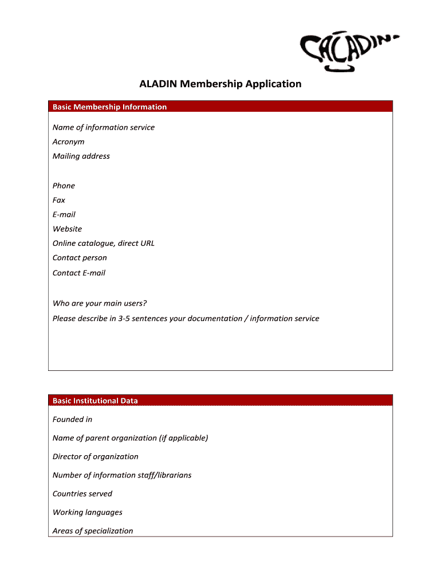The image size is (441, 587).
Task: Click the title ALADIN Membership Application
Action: pyautogui.click(x=220, y=84)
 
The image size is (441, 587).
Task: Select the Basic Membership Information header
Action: pyautogui.click(x=110, y=107)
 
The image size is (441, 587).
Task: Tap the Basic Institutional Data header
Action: pyautogui.click(x=95, y=401)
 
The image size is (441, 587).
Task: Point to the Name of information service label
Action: pyautogui.click(x=104, y=127)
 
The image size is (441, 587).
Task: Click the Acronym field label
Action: pyautogui.click(x=69, y=142)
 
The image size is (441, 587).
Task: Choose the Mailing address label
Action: pyautogui.click(x=81, y=156)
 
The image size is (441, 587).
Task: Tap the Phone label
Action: pyautogui.click(x=64, y=186)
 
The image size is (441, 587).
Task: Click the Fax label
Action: pyautogui.click(x=59, y=200)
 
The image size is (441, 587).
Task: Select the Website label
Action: pyautogui.click(x=68, y=229)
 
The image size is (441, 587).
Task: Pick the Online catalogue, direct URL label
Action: pyautogui.click(x=104, y=243)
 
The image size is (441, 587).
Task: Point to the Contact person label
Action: pyautogui.click(x=80, y=258)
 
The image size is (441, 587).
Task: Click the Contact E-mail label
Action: pyautogui.click(x=79, y=273)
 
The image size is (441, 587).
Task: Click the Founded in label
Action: pyautogui.click(x=72, y=420)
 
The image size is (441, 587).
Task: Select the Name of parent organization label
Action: pyautogui.click(x=130, y=438)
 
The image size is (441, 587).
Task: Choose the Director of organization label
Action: pyautogui.click(x=96, y=457)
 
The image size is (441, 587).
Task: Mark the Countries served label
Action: pyautogui.click(x=82, y=494)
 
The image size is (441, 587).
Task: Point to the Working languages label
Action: pyautogui.click(x=88, y=512)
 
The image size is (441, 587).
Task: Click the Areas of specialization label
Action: pyautogui.click(x=93, y=531)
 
